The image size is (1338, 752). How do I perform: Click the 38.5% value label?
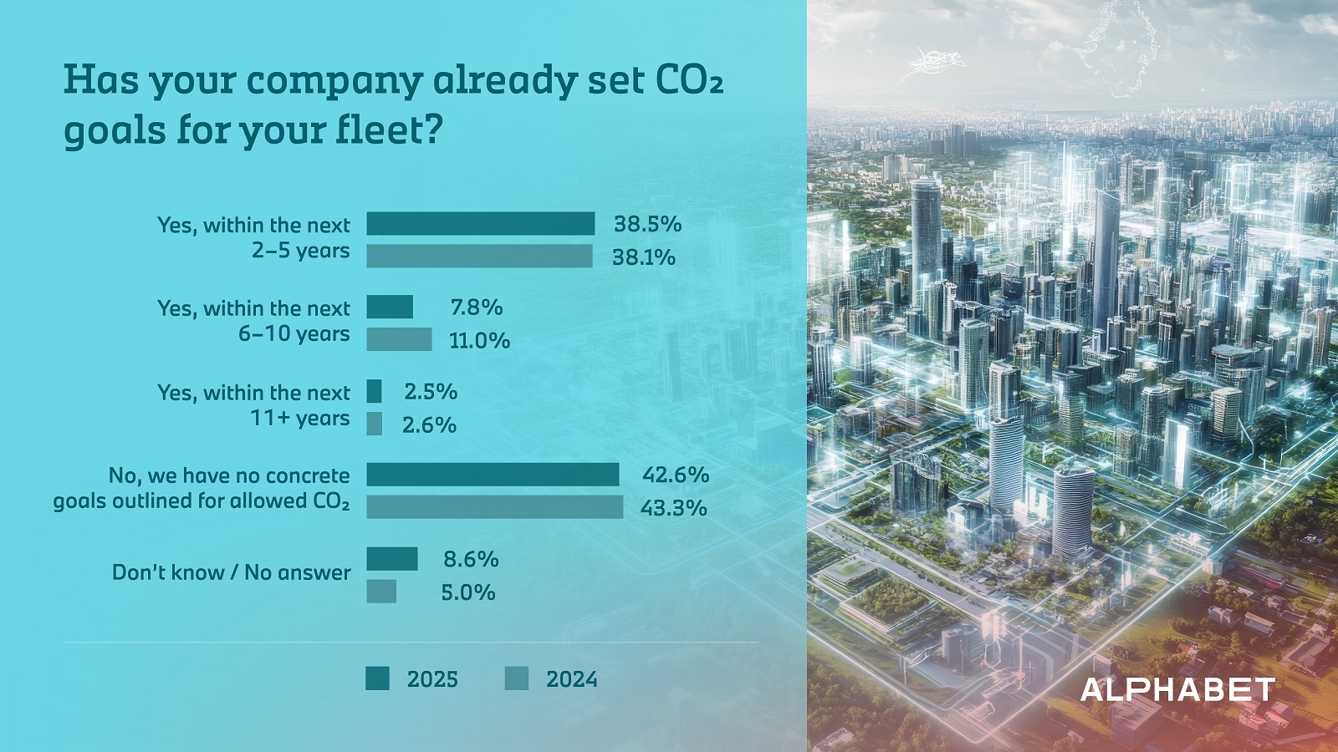click(647, 224)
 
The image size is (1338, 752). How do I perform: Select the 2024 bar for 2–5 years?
click(479, 256)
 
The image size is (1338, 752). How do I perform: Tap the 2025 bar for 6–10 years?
click(390, 307)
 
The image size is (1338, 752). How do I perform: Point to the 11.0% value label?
click(479, 341)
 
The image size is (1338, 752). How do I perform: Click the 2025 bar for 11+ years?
click(374, 391)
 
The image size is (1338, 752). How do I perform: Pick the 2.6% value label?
click(429, 425)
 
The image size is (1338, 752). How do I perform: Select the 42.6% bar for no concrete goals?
click(493, 474)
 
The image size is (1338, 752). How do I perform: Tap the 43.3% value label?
click(673, 508)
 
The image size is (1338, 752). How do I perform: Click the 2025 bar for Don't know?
click(392, 558)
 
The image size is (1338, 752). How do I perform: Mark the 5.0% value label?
click(468, 592)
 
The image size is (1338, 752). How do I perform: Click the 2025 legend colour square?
click(377, 678)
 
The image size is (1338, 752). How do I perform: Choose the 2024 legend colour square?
click(517, 678)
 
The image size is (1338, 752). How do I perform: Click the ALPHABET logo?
click(1177, 690)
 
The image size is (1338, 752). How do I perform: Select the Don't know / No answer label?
click(232, 572)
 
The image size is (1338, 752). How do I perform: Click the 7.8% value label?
click(477, 307)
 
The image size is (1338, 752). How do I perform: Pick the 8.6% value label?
click(471, 559)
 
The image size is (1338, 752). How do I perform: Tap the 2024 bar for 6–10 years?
click(399, 339)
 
